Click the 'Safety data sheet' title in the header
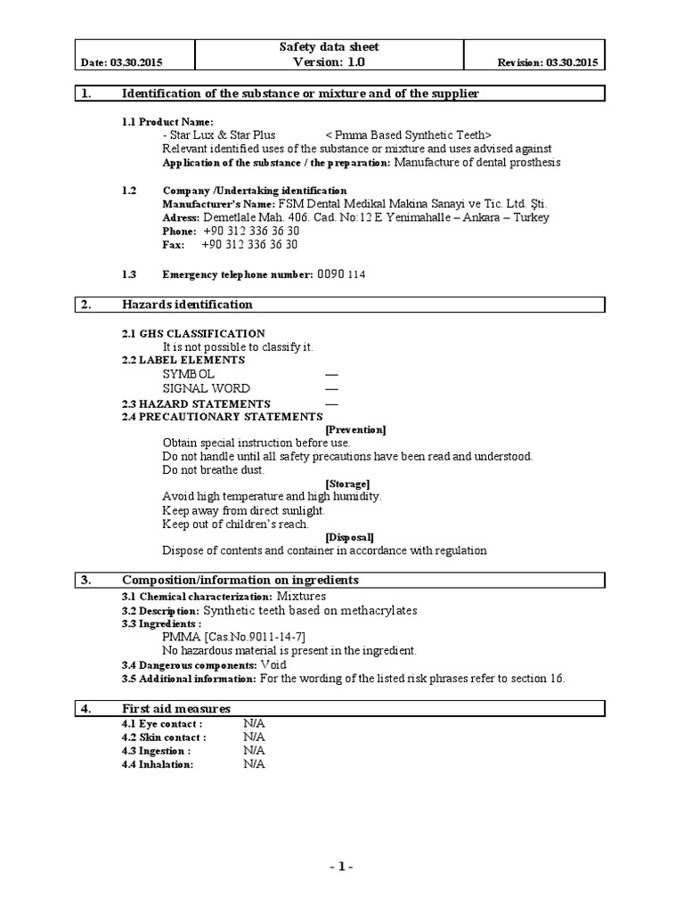click(330, 47)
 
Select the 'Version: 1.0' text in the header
click(330, 62)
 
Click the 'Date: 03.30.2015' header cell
click(122, 63)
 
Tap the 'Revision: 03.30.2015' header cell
click(547, 63)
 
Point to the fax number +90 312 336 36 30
click(249, 244)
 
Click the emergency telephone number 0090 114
click(341, 274)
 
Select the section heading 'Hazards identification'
click(187, 305)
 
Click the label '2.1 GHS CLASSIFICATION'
click(193, 333)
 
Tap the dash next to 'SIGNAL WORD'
click(331, 389)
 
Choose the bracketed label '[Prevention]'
click(355, 430)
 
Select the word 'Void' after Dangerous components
click(274, 664)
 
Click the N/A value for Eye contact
click(254, 724)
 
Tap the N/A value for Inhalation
click(254, 764)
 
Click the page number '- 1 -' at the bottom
click(341, 866)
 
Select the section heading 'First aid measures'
click(176, 709)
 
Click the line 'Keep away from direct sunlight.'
click(243, 510)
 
